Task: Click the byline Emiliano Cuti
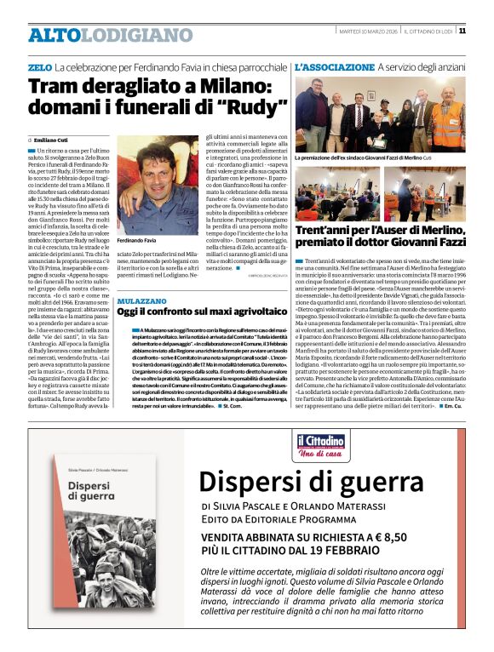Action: click(x=54, y=139)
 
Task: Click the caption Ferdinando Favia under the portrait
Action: click(x=138, y=242)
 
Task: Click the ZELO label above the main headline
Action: click(x=39, y=66)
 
